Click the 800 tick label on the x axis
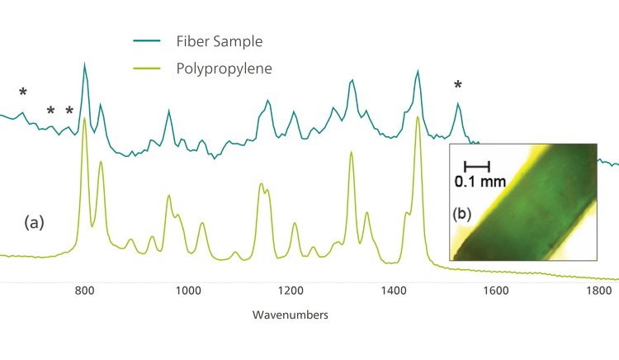(84, 291)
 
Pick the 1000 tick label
(187, 291)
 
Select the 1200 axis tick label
(291, 291)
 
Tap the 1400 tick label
(394, 291)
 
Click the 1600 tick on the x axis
(495, 291)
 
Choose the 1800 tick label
(598, 291)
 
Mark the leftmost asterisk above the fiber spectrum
(23, 92)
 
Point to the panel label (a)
(35, 221)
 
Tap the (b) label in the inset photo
(464, 213)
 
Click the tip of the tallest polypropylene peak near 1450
(418, 117)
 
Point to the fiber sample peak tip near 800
(84, 64)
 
